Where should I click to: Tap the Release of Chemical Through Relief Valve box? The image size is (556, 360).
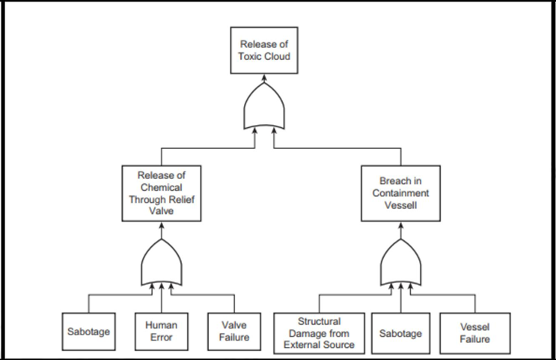click(162, 194)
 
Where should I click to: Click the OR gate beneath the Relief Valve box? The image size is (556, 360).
click(162, 263)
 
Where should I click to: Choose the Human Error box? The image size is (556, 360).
click(161, 332)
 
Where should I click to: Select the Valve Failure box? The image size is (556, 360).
click(233, 332)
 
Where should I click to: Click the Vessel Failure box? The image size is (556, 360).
click(475, 333)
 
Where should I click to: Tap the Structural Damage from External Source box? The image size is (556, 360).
click(320, 333)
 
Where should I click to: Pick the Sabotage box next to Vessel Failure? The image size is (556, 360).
click(401, 333)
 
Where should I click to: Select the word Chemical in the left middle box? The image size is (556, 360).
click(162, 188)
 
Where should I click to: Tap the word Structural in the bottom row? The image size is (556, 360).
click(320, 321)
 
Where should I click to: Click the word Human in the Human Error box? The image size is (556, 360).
click(161, 326)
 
